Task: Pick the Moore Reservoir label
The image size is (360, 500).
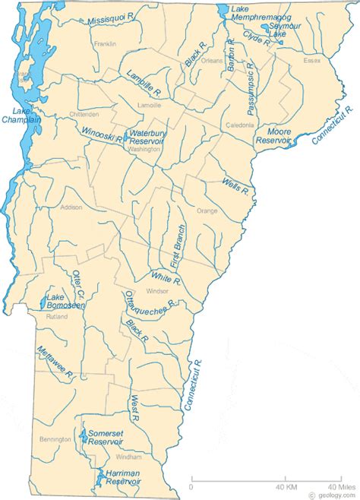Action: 274,136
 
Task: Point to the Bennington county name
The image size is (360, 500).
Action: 51,439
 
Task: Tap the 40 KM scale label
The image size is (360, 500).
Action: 286,487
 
